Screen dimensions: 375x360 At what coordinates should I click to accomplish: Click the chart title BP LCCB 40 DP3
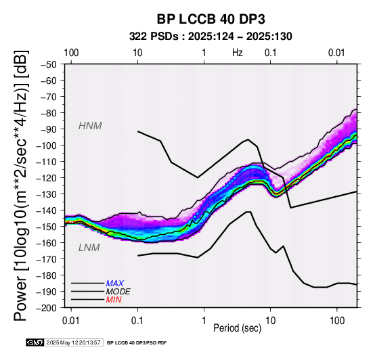click(x=211, y=19)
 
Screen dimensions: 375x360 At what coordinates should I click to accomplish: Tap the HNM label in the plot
click(x=90, y=126)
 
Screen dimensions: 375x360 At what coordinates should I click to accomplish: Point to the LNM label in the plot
click(x=89, y=248)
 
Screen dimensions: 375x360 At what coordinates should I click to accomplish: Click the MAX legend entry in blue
click(x=115, y=284)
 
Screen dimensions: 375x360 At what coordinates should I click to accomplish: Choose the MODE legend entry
click(x=118, y=292)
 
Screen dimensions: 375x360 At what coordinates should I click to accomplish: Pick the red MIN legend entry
click(x=114, y=300)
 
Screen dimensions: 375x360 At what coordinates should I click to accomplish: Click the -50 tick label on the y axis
click(x=49, y=64)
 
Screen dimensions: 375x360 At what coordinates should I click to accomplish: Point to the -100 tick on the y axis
click(x=47, y=145)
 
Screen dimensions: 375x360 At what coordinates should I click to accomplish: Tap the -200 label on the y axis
click(x=47, y=308)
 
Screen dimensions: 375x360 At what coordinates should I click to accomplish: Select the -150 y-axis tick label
click(x=47, y=227)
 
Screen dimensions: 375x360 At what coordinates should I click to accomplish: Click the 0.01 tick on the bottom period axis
click(x=71, y=321)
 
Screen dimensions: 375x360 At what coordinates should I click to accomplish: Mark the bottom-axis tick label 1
click(x=204, y=321)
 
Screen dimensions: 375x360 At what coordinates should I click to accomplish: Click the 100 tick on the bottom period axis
click(x=337, y=321)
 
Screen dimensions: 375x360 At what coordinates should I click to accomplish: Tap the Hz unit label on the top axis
click(x=237, y=53)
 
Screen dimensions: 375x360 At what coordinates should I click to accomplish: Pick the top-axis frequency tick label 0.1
click(x=271, y=53)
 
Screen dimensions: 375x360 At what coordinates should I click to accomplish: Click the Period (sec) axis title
click(x=237, y=328)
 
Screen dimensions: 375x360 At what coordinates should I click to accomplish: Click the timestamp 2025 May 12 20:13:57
click(x=73, y=342)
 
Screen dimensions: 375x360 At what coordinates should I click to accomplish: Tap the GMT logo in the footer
click(x=35, y=342)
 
